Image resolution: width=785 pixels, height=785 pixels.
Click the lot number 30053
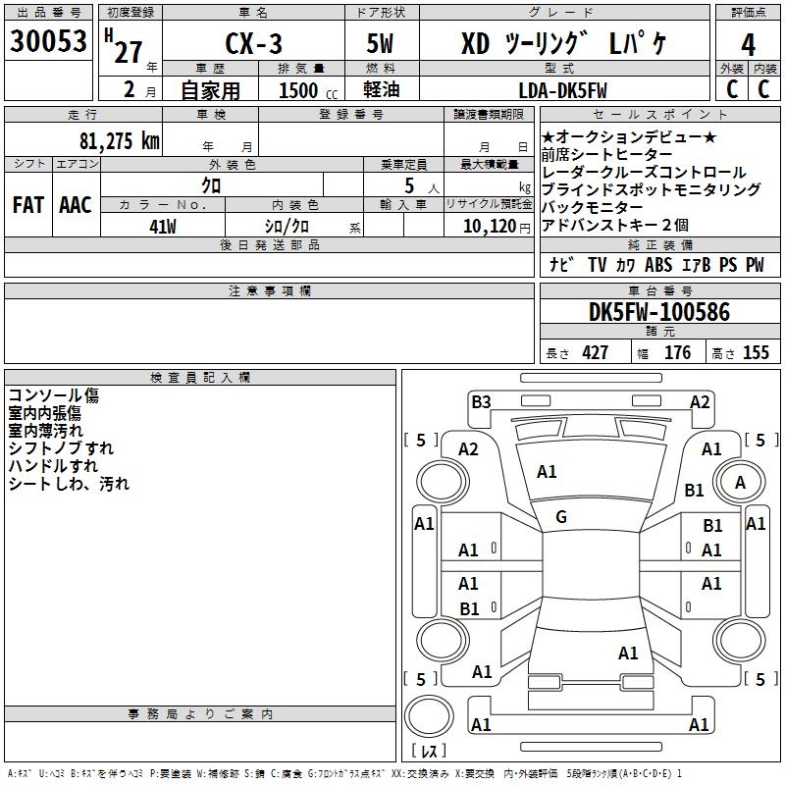pos(48,42)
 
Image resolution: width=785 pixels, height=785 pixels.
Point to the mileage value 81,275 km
pos(118,140)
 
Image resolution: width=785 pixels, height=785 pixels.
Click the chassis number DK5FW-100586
pos(659,312)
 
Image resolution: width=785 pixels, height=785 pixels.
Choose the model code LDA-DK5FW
pos(562,90)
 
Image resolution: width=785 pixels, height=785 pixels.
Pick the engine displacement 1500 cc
pos(298,90)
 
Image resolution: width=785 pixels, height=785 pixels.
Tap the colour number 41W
pos(163,225)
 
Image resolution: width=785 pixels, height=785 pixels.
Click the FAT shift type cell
pos(27,205)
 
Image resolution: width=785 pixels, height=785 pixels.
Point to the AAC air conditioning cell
pos(75,205)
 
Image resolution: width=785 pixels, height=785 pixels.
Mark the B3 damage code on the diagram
pos(481,401)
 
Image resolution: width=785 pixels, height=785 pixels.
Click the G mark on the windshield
pos(561,516)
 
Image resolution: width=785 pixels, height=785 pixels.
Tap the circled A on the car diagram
pos(740,482)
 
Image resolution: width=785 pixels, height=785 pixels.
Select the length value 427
pos(595,353)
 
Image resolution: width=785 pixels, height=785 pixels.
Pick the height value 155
pos(756,353)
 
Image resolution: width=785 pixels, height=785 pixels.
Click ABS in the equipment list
pos(658,265)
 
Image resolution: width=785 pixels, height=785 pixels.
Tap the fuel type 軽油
pos(384,90)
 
